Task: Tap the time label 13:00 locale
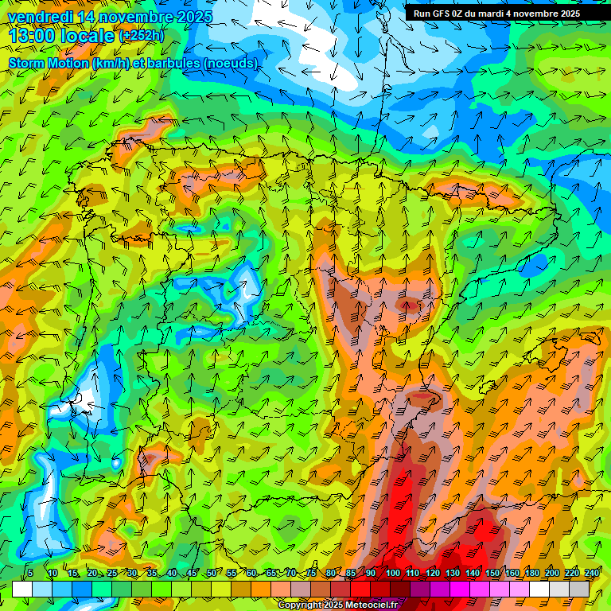61,36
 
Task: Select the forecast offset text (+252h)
142,36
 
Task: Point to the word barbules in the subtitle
173,63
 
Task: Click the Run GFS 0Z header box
496,14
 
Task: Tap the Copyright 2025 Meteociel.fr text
337,605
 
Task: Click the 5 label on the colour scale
29,573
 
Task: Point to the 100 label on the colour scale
392,573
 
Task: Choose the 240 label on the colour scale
592,573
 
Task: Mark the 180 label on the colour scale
532,573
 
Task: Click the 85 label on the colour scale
352,573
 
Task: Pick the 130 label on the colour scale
452,573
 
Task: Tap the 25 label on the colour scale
112,573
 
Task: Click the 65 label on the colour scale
272,573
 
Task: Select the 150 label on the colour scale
492,573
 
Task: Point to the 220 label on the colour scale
572,573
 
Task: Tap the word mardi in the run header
490,14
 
